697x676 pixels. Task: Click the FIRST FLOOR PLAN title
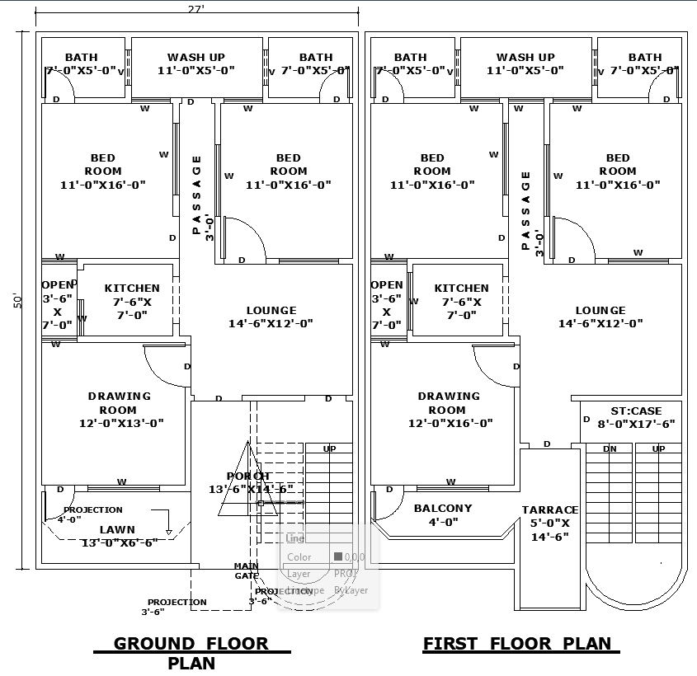click(x=517, y=644)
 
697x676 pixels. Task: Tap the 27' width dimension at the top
click(x=196, y=9)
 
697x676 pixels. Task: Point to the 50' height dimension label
click(x=17, y=301)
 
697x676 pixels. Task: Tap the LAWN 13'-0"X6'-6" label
click(x=118, y=536)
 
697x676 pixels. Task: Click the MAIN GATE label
click(x=246, y=570)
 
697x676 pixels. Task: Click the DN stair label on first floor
click(x=610, y=449)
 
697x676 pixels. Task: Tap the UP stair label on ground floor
click(x=329, y=449)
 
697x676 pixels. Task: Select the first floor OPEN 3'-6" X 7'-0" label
click(x=387, y=305)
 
